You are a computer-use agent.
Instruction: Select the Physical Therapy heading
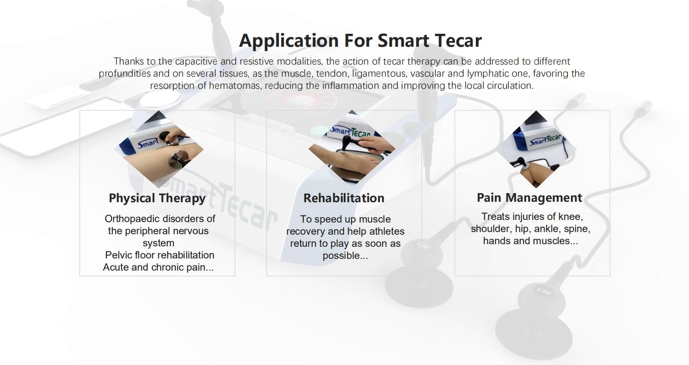click(x=157, y=198)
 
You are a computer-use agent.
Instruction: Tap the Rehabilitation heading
click(x=344, y=198)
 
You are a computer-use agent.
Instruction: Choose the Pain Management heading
click(x=529, y=198)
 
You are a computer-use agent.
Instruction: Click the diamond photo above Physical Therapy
click(x=159, y=149)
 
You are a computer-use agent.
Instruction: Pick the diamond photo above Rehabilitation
click(x=352, y=147)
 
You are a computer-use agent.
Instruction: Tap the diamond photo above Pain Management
click(x=536, y=149)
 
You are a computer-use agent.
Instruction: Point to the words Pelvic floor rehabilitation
click(x=160, y=255)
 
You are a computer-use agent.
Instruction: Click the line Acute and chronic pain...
click(x=158, y=267)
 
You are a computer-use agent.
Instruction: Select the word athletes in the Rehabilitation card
click(x=387, y=231)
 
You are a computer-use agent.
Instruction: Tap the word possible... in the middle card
click(x=345, y=256)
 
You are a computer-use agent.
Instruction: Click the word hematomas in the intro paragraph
click(x=235, y=85)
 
